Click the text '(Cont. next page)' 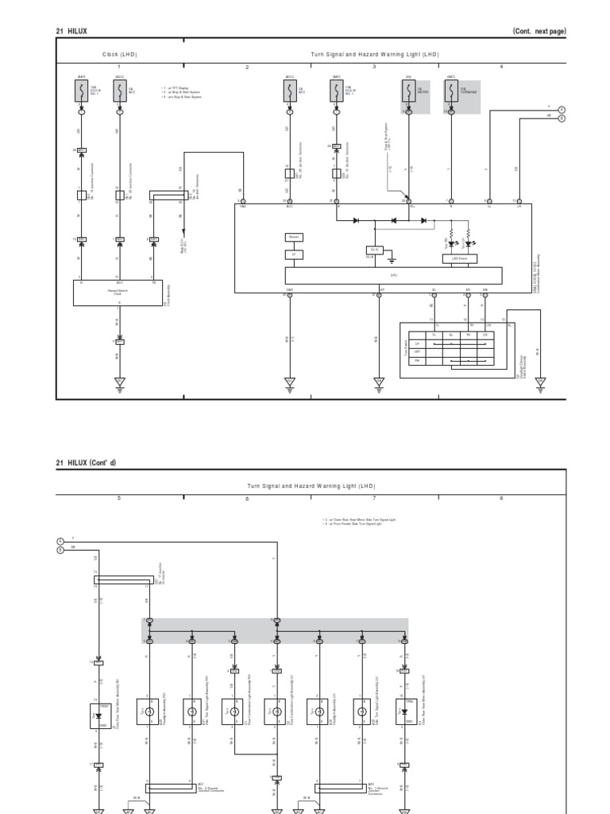tap(539, 31)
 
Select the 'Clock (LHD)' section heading tap(119, 55)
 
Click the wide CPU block tap(393, 275)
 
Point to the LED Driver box tap(458, 258)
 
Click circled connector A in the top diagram tap(561, 110)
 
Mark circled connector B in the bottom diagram tap(60, 549)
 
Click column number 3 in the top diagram tap(374, 67)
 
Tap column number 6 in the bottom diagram tap(247, 498)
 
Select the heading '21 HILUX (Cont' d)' tap(86, 462)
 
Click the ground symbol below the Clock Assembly tap(119, 382)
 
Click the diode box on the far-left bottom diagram tap(98, 714)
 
